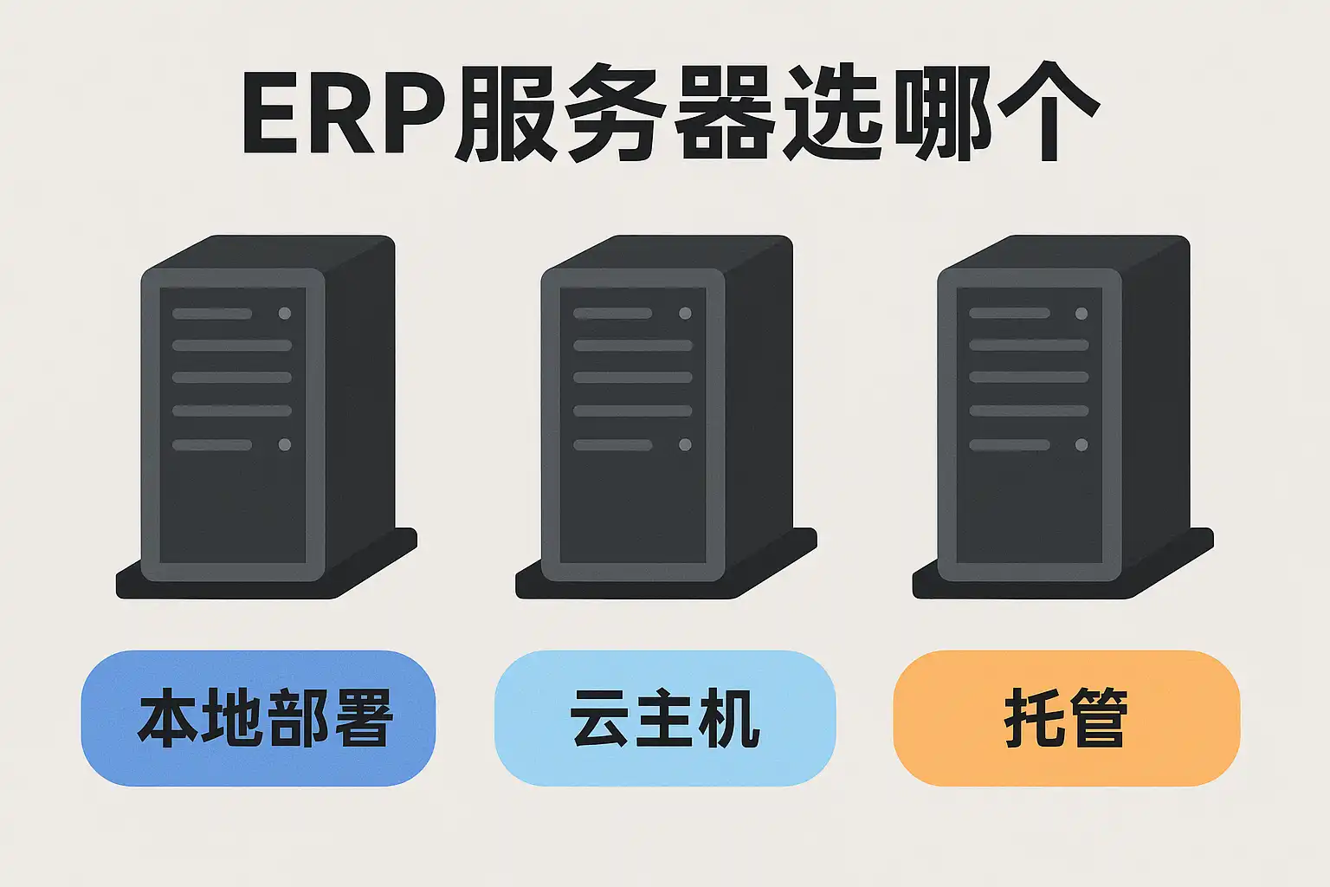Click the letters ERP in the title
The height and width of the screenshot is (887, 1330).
point(344,115)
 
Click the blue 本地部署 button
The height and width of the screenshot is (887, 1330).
point(258,718)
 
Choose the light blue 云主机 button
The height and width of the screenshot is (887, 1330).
point(665,718)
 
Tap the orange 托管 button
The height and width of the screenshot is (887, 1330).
point(1066,718)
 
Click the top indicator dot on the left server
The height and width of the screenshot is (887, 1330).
point(285,314)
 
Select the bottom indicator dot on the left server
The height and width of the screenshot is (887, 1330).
point(285,444)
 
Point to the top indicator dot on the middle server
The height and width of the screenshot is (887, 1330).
point(685,314)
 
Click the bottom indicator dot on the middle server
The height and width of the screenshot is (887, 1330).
point(685,444)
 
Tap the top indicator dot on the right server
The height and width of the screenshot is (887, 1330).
point(1081,314)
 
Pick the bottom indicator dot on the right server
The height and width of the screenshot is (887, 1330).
point(1081,444)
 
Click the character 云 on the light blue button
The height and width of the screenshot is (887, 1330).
point(601,718)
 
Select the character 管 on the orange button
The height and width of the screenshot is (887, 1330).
point(1098,718)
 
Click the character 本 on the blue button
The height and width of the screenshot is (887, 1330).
point(169,718)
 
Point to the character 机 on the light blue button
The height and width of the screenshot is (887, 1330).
point(730,718)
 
